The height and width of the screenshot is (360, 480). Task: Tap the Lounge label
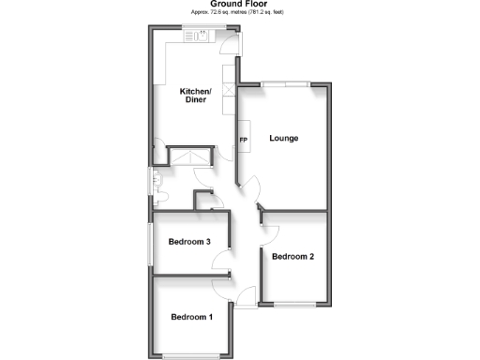tap(284, 139)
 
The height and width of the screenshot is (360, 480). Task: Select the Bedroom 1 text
tap(191, 317)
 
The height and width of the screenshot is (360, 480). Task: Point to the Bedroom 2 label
tap(292, 256)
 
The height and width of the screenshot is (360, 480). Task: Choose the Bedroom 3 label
tap(188, 242)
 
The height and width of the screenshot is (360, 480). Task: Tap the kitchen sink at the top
tap(200, 37)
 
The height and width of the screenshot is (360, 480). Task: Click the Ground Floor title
tap(239, 5)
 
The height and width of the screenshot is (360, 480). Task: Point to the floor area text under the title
tap(239, 14)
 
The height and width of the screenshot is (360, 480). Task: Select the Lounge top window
tap(286, 84)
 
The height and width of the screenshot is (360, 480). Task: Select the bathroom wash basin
tap(157, 177)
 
